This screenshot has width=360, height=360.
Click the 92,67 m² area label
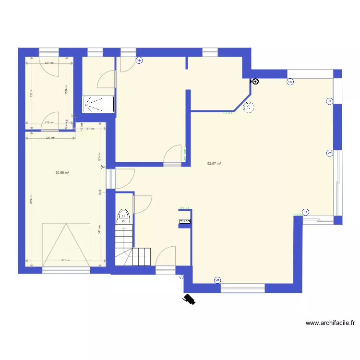(214, 163)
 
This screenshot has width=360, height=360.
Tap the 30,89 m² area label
(62, 172)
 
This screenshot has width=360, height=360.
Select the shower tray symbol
(98, 104)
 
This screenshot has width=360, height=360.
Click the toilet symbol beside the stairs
(123, 216)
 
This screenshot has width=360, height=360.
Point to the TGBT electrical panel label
(185, 222)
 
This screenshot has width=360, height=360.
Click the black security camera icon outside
(188, 300)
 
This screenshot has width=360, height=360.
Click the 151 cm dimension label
(88, 129)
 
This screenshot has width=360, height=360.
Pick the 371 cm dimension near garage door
(65, 261)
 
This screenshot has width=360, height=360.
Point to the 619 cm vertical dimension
(31, 199)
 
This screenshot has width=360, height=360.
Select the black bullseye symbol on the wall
(255, 82)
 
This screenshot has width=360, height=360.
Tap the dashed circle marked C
(249, 108)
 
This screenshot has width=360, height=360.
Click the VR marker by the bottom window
(217, 280)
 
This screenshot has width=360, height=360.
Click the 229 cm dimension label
(50, 138)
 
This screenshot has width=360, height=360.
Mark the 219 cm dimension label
(48, 122)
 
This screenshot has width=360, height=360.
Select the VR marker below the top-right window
(290, 82)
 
